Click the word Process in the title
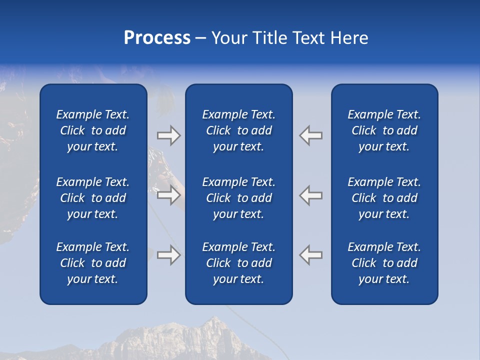(157, 38)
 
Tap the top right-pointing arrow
(168, 135)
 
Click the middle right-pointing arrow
(168, 194)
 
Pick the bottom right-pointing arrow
(168, 254)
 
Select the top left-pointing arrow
(311, 135)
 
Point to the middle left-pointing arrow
(311, 194)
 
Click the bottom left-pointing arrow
(311, 254)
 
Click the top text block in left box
(93, 130)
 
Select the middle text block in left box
(93, 198)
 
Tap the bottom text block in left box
(93, 263)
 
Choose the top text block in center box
(238, 130)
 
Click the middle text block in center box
(238, 198)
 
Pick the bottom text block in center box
(238, 263)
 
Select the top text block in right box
(384, 130)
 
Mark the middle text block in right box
(384, 198)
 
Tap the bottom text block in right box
(384, 263)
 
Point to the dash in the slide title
(201, 38)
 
